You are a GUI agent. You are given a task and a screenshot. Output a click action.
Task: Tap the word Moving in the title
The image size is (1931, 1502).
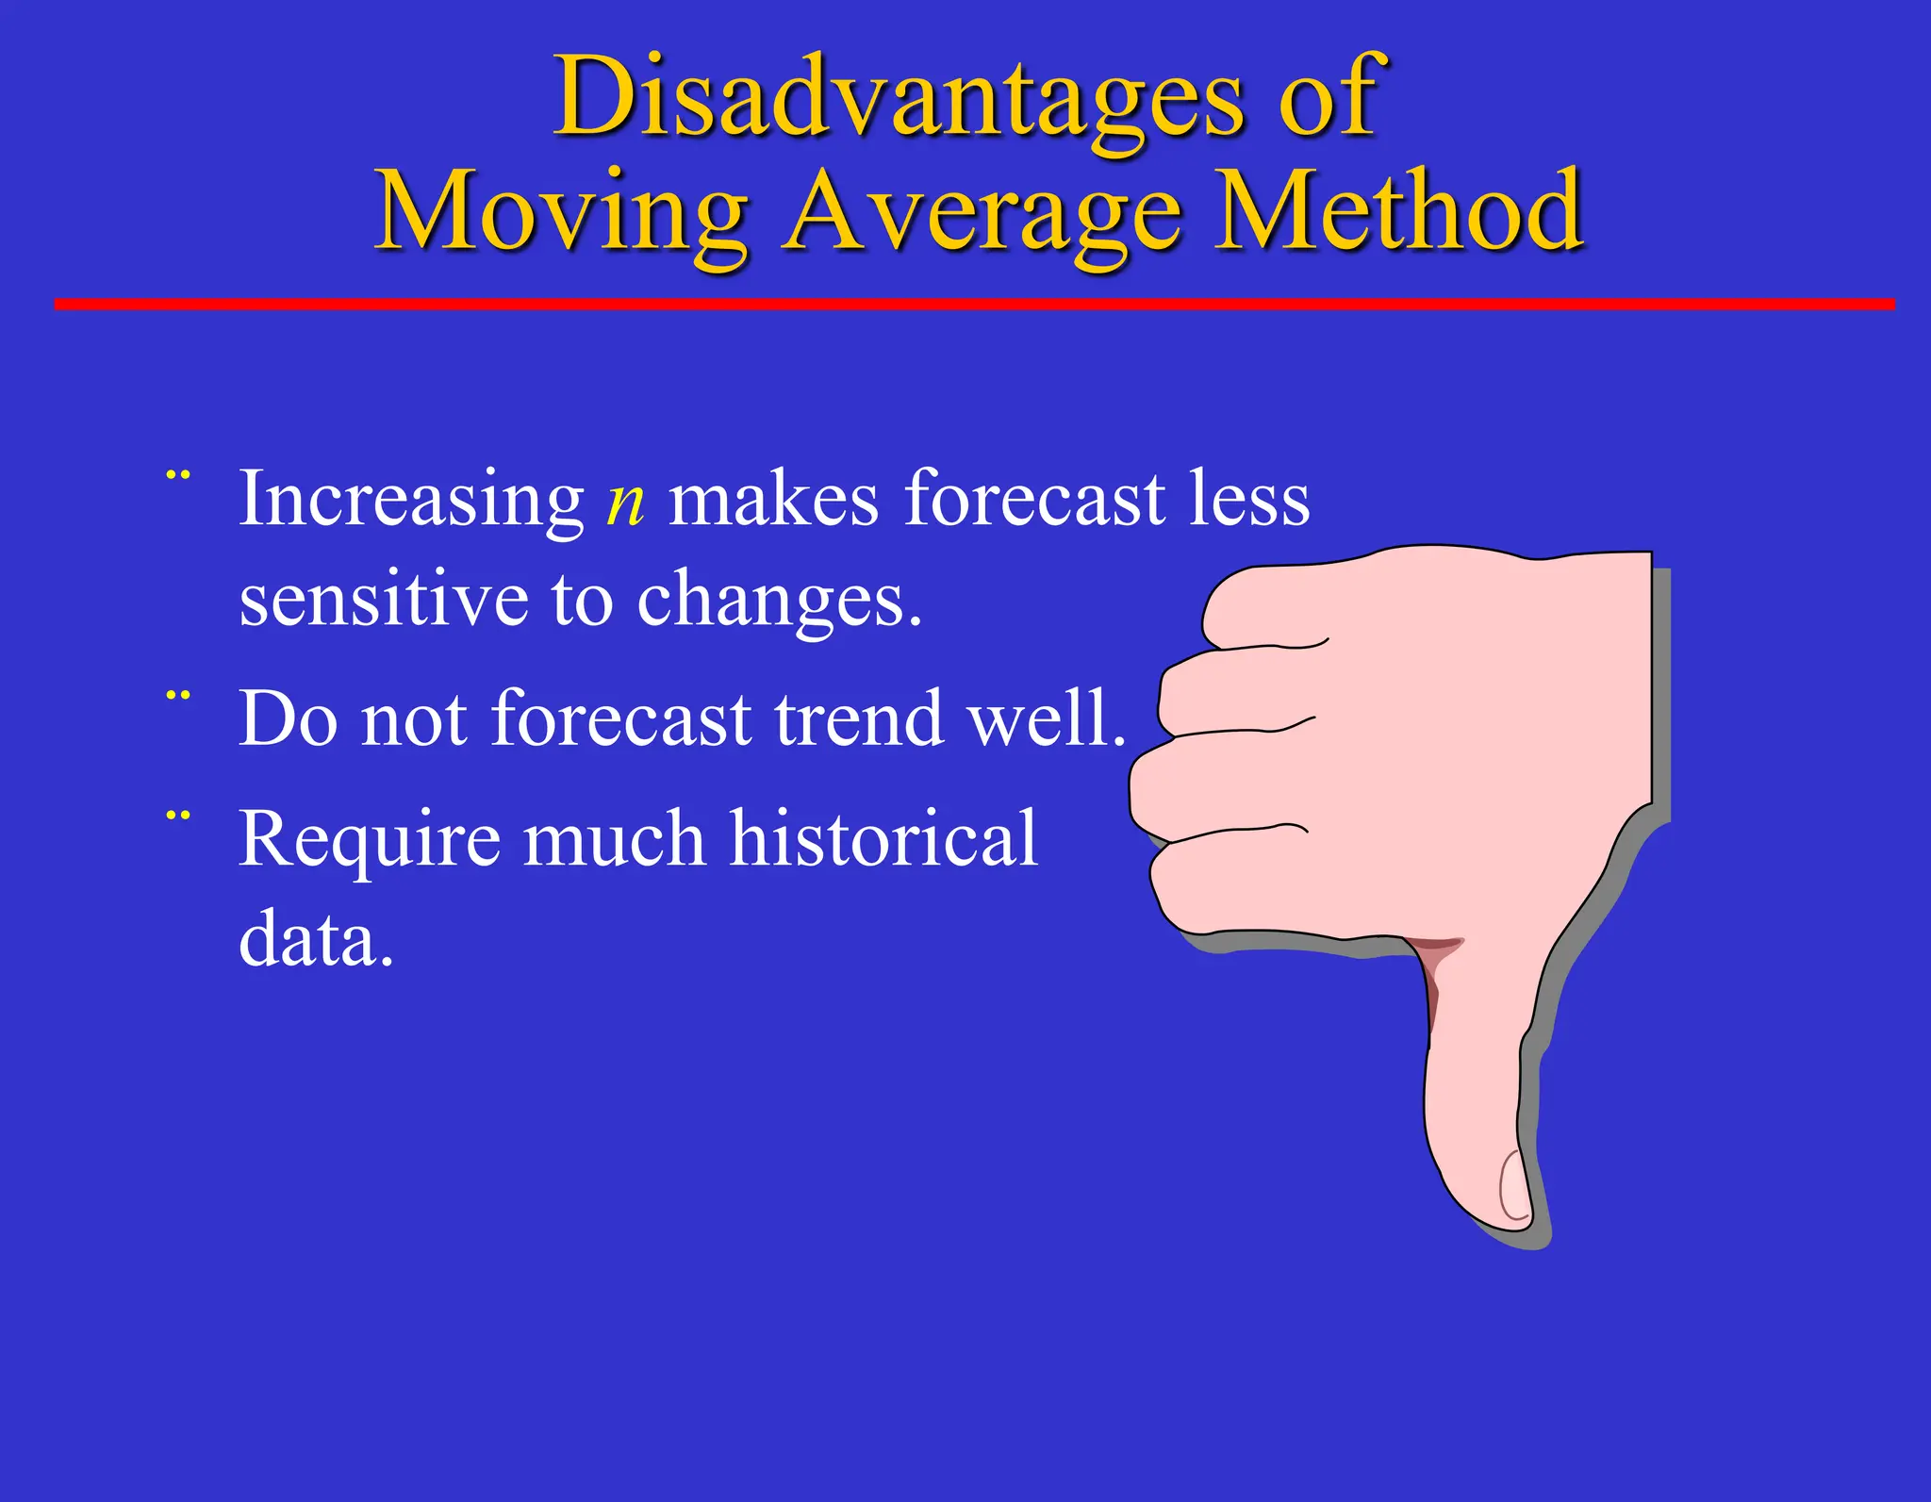562,212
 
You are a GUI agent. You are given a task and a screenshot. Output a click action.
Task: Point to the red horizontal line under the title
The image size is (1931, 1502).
971,304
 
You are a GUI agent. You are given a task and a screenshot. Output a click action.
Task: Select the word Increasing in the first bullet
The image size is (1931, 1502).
411,500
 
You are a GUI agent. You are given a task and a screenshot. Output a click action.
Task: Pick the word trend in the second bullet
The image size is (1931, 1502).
859,718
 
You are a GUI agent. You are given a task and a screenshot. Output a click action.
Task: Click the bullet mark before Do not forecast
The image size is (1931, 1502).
178,697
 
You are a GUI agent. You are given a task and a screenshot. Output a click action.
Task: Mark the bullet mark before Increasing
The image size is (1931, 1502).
178,475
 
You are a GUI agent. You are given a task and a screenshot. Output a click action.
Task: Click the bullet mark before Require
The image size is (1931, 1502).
178,815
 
